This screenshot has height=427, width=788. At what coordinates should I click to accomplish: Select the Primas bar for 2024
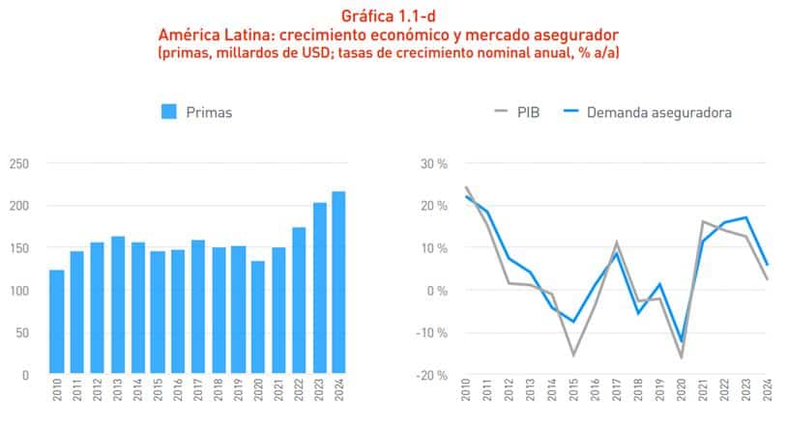(x=338, y=283)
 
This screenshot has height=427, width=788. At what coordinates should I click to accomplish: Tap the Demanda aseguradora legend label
(x=663, y=112)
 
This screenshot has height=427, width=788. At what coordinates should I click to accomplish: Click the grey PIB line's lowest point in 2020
(x=682, y=357)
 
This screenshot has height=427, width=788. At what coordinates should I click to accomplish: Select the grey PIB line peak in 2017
(x=617, y=242)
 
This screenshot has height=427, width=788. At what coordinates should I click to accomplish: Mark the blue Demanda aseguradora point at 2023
(x=746, y=217)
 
